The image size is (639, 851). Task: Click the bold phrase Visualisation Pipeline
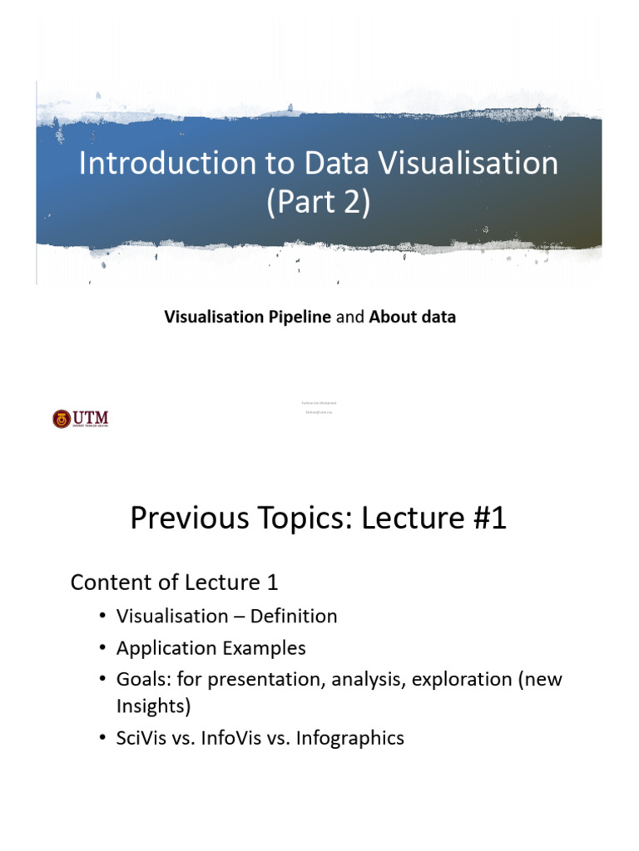click(247, 317)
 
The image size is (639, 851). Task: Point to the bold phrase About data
click(412, 317)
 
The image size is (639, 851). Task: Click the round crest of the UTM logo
click(62, 419)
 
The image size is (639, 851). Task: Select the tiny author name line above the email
click(319, 402)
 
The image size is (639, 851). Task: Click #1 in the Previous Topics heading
click(482, 519)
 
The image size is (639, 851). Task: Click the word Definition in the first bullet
click(296, 617)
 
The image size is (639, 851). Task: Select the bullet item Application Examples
click(211, 648)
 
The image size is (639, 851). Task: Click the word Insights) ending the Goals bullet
click(153, 706)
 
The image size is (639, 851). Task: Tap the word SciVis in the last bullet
click(142, 737)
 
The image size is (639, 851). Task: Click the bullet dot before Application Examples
click(102, 648)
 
